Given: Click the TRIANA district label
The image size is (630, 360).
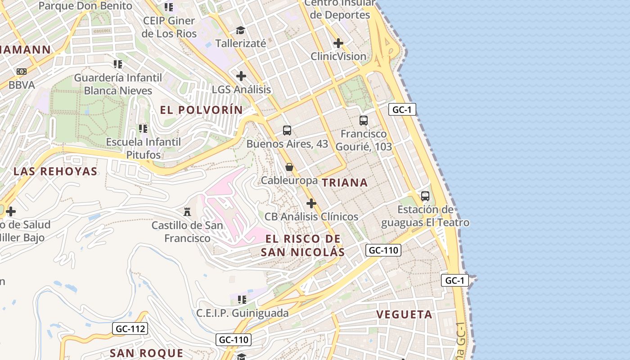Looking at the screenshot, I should pyautogui.click(x=345, y=182).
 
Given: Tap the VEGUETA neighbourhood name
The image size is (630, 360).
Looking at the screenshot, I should pyautogui.click(x=404, y=314).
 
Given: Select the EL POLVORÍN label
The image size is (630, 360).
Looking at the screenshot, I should pyautogui.click(x=201, y=110).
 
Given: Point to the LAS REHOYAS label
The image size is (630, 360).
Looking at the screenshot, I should pyautogui.click(x=55, y=171).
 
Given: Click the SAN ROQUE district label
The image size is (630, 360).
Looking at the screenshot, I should pyautogui.click(x=147, y=353).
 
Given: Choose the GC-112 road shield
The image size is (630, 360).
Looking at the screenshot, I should pyautogui.click(x=130, y=328).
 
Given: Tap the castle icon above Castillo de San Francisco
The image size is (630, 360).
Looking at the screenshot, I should pyautogui.click(x=187, y=211).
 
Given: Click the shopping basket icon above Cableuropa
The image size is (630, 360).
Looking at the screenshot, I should pyautogui.click(x=289, y=167).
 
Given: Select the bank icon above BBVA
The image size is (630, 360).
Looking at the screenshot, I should pyautogui.click(x=22, y=72).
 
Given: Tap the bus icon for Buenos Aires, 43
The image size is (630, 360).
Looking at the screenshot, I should pyautogui.click(x=287, y=130).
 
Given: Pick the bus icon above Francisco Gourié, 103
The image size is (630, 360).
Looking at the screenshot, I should pyautogui.click(x=364, y=121).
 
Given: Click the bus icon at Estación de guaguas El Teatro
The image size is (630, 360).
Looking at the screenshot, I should pyautogui.click(x=425, y=196).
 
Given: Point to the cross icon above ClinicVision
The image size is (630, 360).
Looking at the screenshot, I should pyautogui.click(x=338, y=43).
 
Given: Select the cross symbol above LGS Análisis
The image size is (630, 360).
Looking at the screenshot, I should pyautogui.click(x=241, y=76).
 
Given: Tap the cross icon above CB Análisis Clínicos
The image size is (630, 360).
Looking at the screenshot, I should pyautogui.click(x=311, y=203).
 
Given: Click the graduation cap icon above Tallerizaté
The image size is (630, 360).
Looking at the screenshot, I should pyautogui.click(x=241, y=30).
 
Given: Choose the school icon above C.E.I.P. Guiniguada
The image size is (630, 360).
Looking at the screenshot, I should pyautogui.click(x=243, y=299).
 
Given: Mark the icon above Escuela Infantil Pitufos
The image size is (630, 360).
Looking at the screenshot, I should pyautogui.click(x=143, y=129).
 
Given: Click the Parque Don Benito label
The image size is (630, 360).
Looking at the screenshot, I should pyautogui.click(x=85, y=6).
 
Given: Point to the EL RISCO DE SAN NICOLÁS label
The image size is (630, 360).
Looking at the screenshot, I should pyautogui.click(x=303, y=245).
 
